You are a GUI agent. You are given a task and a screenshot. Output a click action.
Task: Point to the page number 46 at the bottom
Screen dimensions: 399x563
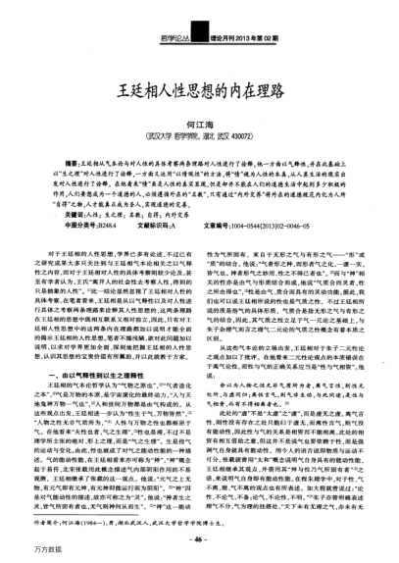(199, 539)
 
